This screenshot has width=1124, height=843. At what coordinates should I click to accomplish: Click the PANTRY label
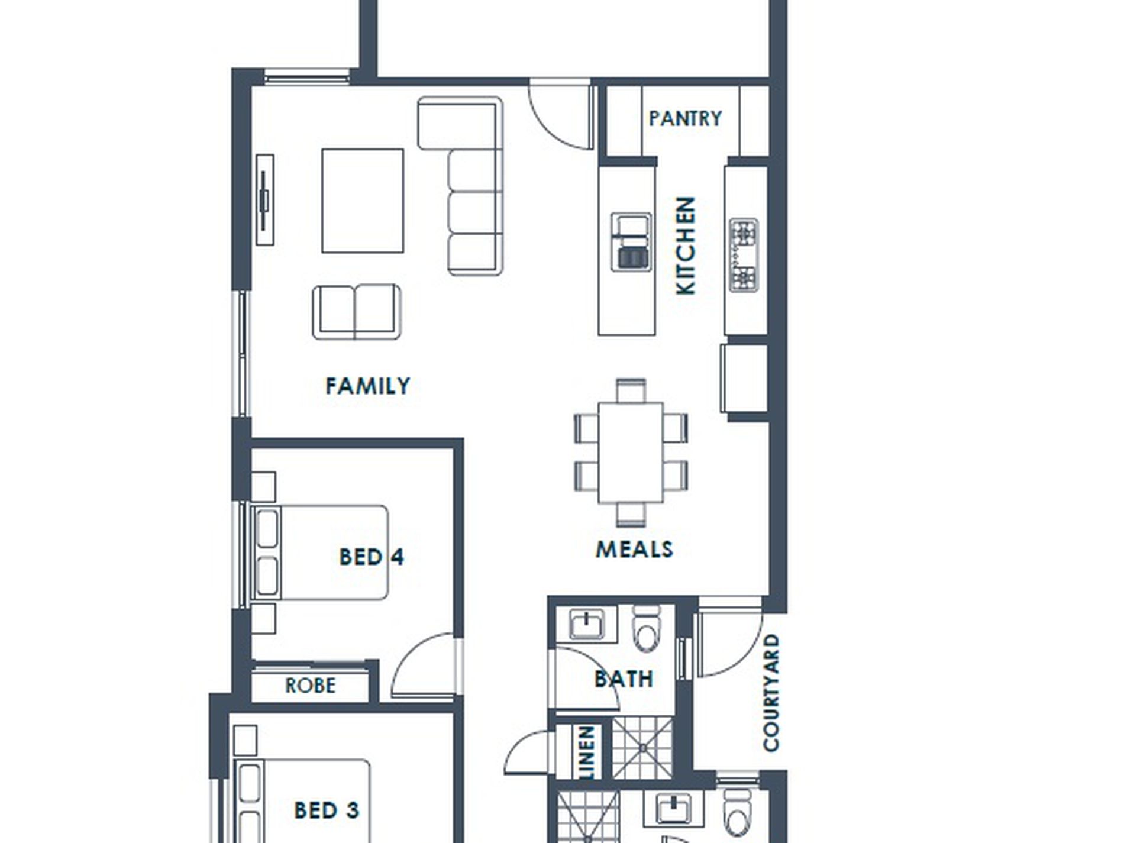tap(685, 118)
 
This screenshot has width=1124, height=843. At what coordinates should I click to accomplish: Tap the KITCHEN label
tap(686, 246)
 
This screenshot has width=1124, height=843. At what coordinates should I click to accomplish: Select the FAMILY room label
tap(367, 386)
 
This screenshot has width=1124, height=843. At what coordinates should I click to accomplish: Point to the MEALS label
tap(634, 550)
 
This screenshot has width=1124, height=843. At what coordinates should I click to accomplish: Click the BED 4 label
tap(372, 557)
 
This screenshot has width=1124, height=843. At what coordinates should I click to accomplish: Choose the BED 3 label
tap(327, 810)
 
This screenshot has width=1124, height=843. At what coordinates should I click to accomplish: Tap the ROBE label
tap(310, 686)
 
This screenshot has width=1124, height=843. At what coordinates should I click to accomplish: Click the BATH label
tap(624, 679)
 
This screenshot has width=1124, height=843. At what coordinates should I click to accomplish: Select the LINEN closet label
tap(587, 751)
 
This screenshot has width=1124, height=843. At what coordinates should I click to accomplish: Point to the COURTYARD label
tap(771, 693)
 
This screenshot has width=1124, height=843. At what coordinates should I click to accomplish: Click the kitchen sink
tap(631, 242)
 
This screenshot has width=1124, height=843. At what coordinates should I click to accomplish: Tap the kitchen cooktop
tap(744, 255)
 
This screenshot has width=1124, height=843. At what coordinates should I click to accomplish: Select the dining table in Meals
tap(631, 453)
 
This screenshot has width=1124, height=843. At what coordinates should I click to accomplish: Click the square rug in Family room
tap(363, 201)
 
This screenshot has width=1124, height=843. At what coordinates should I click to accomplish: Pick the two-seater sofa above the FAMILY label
tap(357, 312)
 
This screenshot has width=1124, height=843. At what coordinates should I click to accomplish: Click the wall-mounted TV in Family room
tap(265, 200)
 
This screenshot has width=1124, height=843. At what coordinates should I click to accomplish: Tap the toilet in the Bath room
tap(645, 628)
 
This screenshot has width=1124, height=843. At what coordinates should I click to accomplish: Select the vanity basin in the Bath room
tap(586, 624)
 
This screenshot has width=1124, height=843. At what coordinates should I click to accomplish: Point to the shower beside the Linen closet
tap(642, 748)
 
